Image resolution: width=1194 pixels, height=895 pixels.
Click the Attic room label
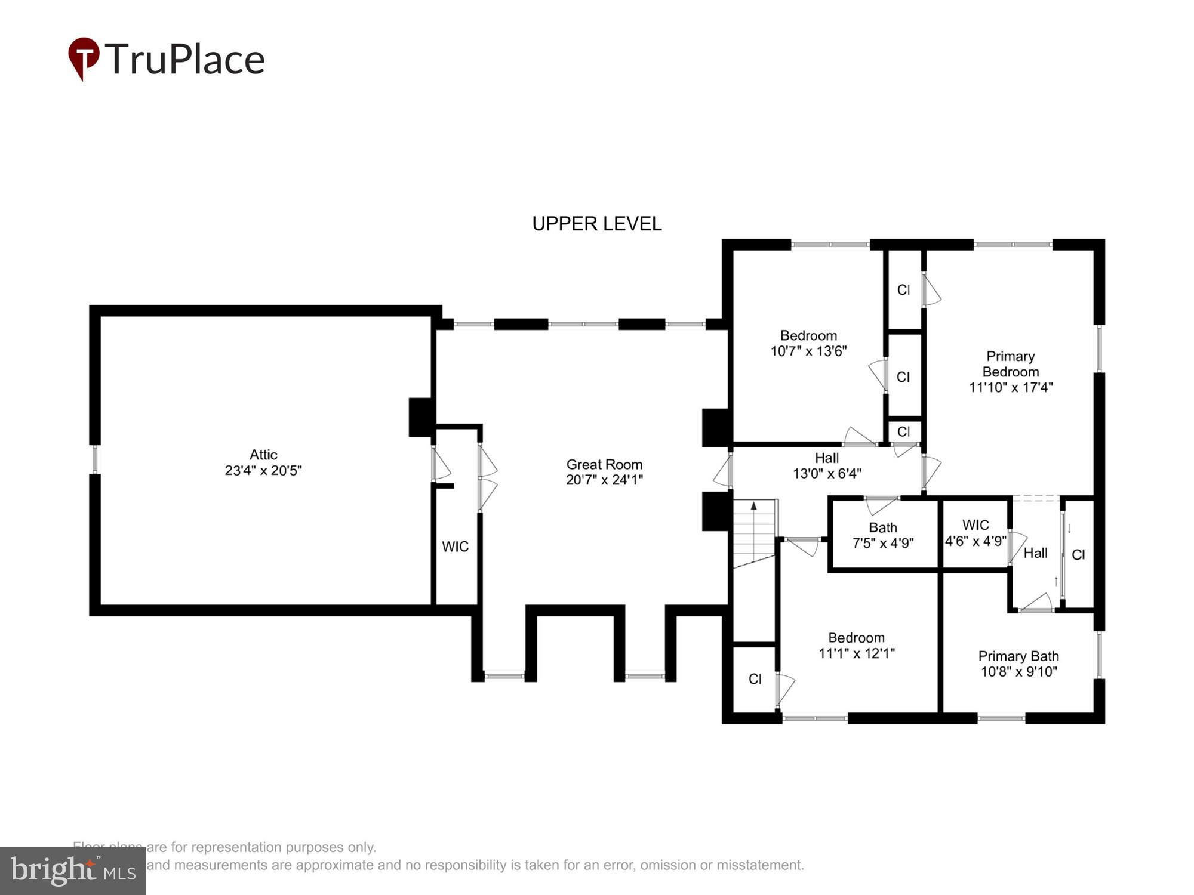click(263, 455)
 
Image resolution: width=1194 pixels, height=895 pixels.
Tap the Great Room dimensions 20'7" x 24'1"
click(604, 480)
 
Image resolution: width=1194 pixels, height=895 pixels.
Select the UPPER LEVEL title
click(596, 224)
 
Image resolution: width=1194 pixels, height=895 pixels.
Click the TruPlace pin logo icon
click(84, 57)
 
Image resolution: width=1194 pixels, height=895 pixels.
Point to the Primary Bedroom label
click(1010, 364)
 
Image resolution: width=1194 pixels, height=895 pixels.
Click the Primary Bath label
click(1018, 656)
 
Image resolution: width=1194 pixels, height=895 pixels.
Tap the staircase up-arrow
click(754, 506)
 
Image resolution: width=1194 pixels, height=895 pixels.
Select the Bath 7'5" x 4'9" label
click(882, 535)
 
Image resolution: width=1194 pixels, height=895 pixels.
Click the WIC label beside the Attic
click(455, 547)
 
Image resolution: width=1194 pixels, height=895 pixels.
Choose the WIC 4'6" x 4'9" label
click(975, 533)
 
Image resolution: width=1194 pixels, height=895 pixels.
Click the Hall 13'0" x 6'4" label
click(827, 466)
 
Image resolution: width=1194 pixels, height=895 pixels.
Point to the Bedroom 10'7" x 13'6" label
click(808, 343)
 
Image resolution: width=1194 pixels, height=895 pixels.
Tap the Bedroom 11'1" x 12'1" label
click(856, 646)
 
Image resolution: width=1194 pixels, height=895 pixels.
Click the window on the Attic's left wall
click(94, 459)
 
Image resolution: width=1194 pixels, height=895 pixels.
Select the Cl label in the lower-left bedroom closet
click(755, 679)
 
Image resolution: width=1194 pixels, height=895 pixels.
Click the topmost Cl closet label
click(903, 290)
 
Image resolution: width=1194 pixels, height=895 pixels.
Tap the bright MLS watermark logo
click(73, 871)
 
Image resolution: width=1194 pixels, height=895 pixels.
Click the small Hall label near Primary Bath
click(1035, 553)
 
